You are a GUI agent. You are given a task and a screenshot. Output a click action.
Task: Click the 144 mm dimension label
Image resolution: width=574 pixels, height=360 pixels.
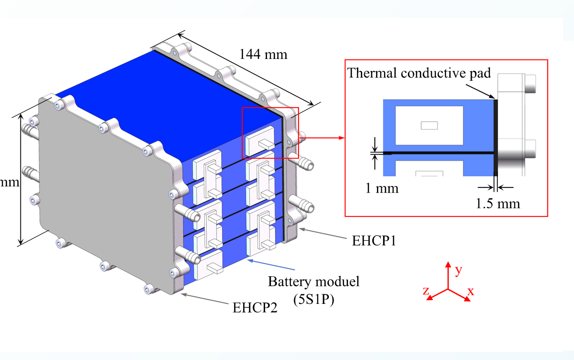[264, 54]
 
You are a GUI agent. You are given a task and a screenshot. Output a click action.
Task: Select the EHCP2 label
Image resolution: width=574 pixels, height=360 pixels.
[255, 307]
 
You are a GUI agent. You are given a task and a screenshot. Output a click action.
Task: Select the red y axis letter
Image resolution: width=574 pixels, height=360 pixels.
[458, 271]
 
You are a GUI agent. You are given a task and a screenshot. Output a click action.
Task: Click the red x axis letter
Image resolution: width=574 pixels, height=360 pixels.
[470, 292]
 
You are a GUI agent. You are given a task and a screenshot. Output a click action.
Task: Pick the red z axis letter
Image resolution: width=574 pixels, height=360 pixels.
[426, 291]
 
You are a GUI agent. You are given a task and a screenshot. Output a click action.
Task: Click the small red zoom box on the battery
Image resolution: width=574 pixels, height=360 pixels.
[270, 132]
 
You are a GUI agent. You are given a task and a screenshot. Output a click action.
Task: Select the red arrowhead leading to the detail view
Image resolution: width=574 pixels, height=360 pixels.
[340, 138]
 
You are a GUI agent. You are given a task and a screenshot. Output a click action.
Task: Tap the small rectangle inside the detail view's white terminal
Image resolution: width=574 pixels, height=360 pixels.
[429, 126]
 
